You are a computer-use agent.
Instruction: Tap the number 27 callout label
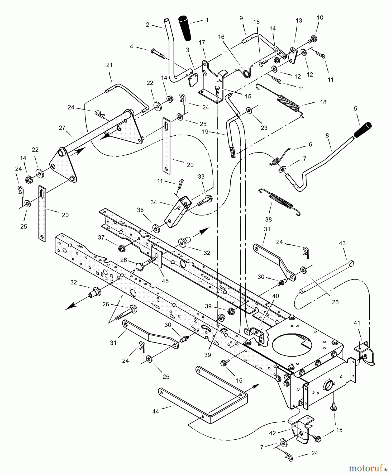coord(62,128)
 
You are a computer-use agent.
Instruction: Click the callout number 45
coord(165,281)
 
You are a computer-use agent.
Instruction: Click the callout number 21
coord(109,65)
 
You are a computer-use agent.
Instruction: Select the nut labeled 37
coord(122,248)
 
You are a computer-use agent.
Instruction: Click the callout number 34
coord(154,202)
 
